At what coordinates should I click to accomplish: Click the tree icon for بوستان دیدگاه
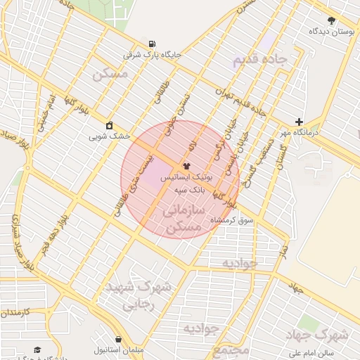332,20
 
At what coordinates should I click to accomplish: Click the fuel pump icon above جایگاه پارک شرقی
152,43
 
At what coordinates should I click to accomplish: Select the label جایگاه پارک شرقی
153,54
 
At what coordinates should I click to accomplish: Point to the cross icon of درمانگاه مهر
300,122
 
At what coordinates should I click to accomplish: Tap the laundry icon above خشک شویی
110,126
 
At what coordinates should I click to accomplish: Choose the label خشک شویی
110,136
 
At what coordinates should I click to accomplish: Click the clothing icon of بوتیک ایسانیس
186,167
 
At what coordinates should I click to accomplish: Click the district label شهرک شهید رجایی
134,296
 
